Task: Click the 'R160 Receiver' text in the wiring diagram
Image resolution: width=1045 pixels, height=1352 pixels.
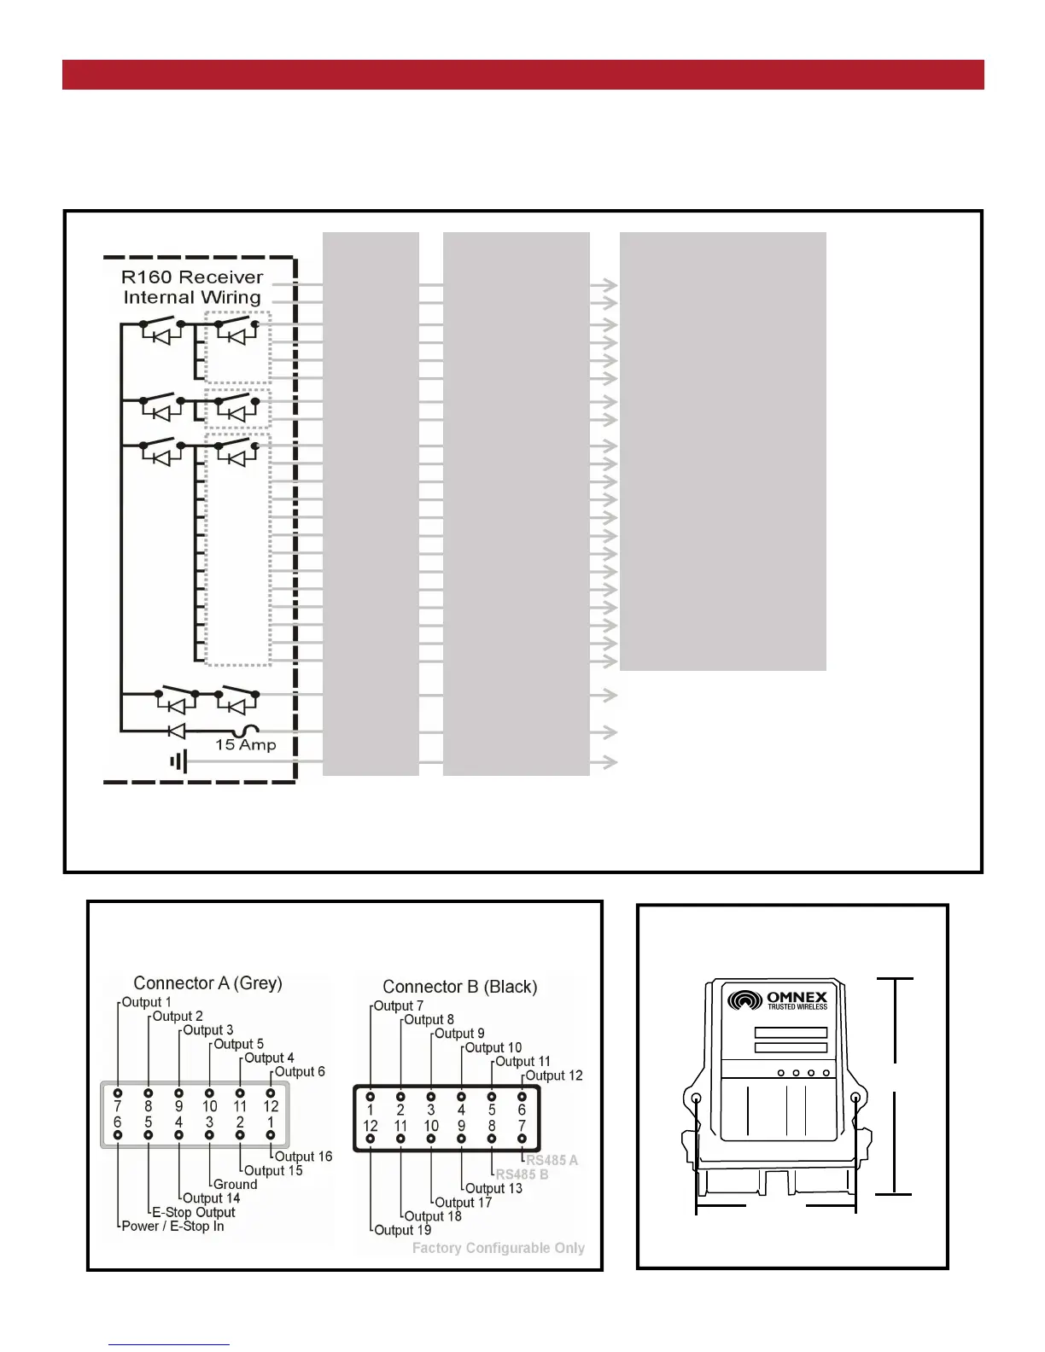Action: pyautogui.click(x=192, y=277)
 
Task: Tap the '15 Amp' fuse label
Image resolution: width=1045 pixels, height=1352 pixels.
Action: pyautogui.click(x=246, y=745)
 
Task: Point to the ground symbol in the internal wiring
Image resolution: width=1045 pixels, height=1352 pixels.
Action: pyautogui.click(x=178, y=760)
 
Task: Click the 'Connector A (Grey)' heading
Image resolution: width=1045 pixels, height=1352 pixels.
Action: pyautogui.click(x=207, y=983)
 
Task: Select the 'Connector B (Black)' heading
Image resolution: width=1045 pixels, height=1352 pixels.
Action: pyautogui.click(x=459, y=987)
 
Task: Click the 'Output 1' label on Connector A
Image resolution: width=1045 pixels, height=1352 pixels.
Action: pyautogui.click(x=146, y=1002)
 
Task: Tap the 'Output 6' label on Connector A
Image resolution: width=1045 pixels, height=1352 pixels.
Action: pyautogui.click(x=300, y=1072)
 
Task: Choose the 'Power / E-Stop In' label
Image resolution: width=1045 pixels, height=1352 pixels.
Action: pyautogui.click(x=172, y=1227)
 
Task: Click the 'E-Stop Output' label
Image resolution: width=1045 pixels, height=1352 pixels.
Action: pyautogui.click(x=193, y=1212)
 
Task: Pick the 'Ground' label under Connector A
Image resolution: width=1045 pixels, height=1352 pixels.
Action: pyautogui.click(x=235, y=1185)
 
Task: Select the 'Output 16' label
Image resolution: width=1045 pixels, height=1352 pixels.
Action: pyautogui.click(x=303, y=1157)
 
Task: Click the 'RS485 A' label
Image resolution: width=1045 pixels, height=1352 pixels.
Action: pyautogui.click(x=552, y=1161)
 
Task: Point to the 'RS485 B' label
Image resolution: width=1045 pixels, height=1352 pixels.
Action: pyautogui.click(x=522, y=1174)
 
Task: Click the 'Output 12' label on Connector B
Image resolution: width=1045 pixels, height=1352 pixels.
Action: pyautogui.click(x=554, y=1075)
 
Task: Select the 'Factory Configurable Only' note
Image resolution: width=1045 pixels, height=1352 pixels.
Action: pyautogui.click(x=499, y=1248)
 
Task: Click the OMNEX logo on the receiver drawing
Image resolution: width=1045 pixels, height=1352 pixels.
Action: pyautogui.click(x=778, y=999)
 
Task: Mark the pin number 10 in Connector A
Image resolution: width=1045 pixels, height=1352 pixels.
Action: pyautogui.click(x=209, y=1106)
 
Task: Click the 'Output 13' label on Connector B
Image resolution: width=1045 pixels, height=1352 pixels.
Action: pyautogui.click(x=493, y=1188)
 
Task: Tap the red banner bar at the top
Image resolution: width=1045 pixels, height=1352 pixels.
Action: pyautogui.click(x=522, y=74)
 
